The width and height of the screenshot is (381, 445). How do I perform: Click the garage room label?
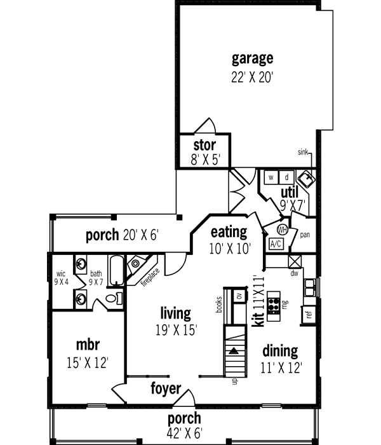(x=252, y=59)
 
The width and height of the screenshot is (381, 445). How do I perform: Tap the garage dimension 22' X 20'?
(x=252, y=78)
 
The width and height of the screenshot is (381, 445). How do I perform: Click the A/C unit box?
(x=276, y=243)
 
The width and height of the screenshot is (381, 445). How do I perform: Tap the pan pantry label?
(x=304, y=234)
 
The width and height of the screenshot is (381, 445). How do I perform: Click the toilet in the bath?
(x=112, y=298)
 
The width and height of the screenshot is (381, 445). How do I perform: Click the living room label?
(x=175, y=313)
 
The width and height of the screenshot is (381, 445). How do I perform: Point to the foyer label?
(x=166, y=388)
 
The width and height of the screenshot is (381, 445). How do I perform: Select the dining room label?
(x=280, y=350)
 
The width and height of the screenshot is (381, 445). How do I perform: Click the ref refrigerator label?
(x=309, y=314)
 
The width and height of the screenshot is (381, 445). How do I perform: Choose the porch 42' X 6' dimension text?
(x=184, y=433)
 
